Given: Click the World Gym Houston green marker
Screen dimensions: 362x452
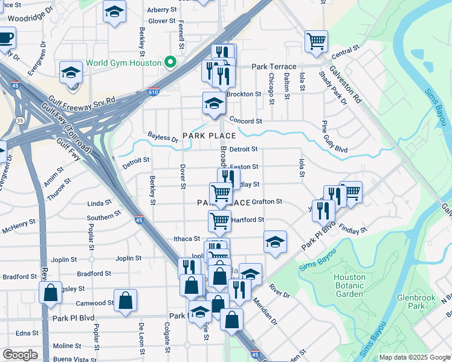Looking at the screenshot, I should click(170, 63).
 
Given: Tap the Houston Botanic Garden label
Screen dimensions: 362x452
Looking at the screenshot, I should click(349, 285).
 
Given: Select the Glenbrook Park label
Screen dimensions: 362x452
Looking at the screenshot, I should click(412, 302).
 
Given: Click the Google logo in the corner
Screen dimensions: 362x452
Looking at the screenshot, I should click(20, 355).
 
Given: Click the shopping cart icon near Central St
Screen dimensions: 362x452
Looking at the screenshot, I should click(316, 42).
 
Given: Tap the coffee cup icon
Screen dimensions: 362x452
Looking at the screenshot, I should click(5, 37).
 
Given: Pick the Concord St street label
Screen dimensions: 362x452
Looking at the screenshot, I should click(244, 121).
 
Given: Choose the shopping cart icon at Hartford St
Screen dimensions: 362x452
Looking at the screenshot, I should click(219, 220).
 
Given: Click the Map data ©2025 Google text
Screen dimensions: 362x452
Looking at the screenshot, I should click(415, 357).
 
